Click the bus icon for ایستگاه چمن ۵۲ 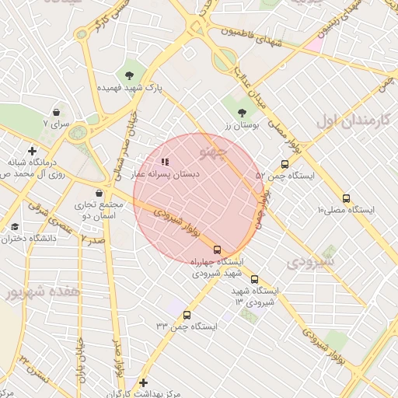click(285, 164)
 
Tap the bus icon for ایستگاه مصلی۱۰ click(346, 198)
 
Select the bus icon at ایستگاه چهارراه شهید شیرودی click(217, 250)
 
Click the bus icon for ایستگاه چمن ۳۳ click(187, 316)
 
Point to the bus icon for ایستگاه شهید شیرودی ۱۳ click(254, 279)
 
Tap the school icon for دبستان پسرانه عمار click(164, 162)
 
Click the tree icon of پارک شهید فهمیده click(129, 75)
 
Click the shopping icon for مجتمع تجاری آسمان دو click(98, 193)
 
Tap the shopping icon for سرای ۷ click(56, 112)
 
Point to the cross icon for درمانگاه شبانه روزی click(32, 150)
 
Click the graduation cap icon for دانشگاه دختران click(15, 227)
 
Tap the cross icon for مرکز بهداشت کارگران click(143, 382)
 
